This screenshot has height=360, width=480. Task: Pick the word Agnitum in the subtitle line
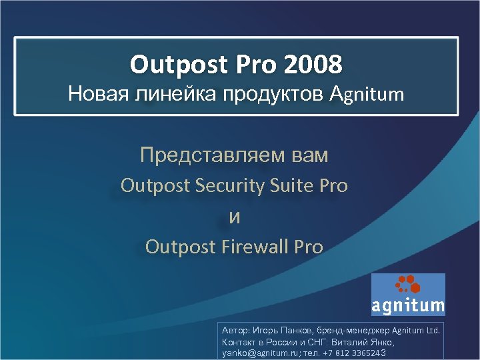[367, 94]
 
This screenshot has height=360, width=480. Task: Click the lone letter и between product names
[234, 217]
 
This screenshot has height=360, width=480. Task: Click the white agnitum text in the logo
[408, 306]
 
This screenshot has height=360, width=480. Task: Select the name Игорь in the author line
[267, 330]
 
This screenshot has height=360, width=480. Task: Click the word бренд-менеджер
[356, 330]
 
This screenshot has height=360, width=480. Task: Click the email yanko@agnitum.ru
[261, 353]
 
